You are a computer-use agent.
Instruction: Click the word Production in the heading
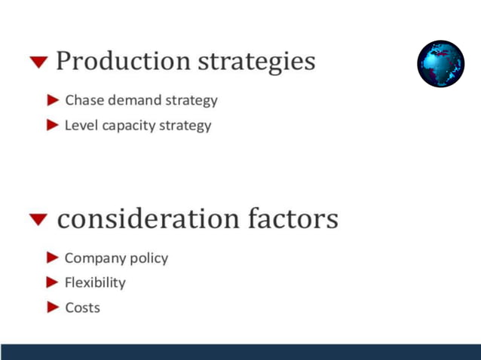[124, 61]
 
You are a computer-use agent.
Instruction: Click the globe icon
[441, 64]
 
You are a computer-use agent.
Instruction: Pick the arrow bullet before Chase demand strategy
[53, 99]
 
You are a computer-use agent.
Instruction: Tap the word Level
[81, 125]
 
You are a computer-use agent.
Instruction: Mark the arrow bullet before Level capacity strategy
[53, 125]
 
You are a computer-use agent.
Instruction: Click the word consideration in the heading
[148, 219]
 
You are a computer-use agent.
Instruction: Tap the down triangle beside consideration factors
[38, 220]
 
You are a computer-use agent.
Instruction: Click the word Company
[94, 258]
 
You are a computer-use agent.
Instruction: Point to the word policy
[149, 258]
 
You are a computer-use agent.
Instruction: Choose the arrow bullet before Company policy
[53, 258]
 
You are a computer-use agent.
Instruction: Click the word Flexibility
[95, 282]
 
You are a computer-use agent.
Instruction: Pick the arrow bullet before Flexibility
[53, 282]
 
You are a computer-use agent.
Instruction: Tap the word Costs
[82, 307]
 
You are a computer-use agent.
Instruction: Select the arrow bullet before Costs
[53, 307]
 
